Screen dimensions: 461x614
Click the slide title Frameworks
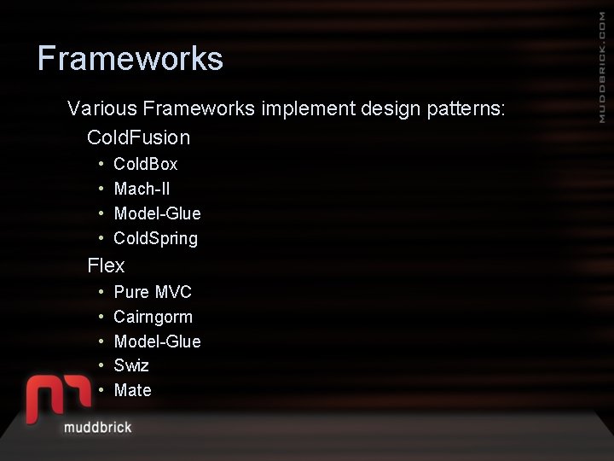coord(130,59)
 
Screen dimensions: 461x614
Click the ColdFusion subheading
coord(138,137)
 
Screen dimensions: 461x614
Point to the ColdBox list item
coord(145,164)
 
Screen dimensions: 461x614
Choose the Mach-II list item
coord(142,189)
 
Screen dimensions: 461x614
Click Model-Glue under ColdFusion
coord(157,213)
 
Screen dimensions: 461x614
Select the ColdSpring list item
coord(155,238)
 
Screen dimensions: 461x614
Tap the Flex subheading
coord(106,266)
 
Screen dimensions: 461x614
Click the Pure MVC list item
coord(153,292)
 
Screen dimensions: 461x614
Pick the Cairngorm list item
coord(153,317)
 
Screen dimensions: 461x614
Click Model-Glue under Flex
coord(157,341)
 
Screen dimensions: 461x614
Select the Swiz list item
coord(131,365)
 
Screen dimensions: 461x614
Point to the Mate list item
coord(132,390)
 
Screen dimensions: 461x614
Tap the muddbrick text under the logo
coord(97,426)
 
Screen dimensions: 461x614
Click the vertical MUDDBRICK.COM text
coord(602,69)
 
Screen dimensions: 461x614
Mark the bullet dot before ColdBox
coord(101,163)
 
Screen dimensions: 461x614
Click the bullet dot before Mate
coord(101,390)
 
